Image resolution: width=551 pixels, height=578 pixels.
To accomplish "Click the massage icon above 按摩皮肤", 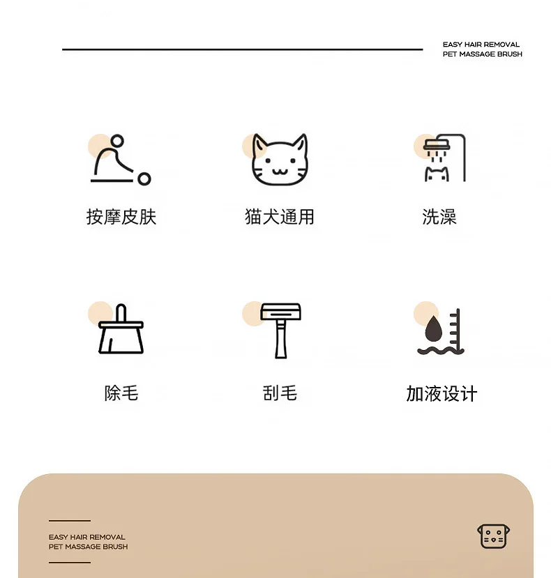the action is (x=121, y=160).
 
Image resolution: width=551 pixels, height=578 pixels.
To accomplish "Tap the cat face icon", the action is (x=280, y=159).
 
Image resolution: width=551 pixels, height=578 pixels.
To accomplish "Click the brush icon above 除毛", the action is (x=121, y=329).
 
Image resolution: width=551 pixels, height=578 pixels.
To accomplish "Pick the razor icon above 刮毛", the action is (x=280, y=330).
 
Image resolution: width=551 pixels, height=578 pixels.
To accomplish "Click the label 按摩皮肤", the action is (x=121, y=216).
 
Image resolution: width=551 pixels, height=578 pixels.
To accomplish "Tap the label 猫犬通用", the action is (x=280, y=216).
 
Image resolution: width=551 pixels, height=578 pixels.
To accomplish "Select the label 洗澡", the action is (x=439, y=216).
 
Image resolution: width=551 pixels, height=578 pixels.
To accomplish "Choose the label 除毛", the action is (x=121, y=393).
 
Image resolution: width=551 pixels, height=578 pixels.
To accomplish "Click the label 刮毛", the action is (x=280, y=393).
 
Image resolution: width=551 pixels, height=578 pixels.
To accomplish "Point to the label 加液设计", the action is (x=441, y=394).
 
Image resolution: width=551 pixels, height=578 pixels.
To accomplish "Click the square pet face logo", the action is (x=494, y=536).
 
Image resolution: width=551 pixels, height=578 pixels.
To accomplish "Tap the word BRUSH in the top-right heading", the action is (x=510, y=54).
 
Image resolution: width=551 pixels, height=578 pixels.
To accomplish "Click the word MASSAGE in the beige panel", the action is (x=78, y=547).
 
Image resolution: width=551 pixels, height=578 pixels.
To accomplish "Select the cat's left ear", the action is (x=259, y=145).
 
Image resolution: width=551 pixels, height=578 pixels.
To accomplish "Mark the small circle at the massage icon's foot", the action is (x=144, y=179).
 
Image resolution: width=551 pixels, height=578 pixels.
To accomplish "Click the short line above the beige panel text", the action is (x=70, y=521).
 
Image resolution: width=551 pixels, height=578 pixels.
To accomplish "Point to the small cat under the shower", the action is (x=437, y=174).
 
